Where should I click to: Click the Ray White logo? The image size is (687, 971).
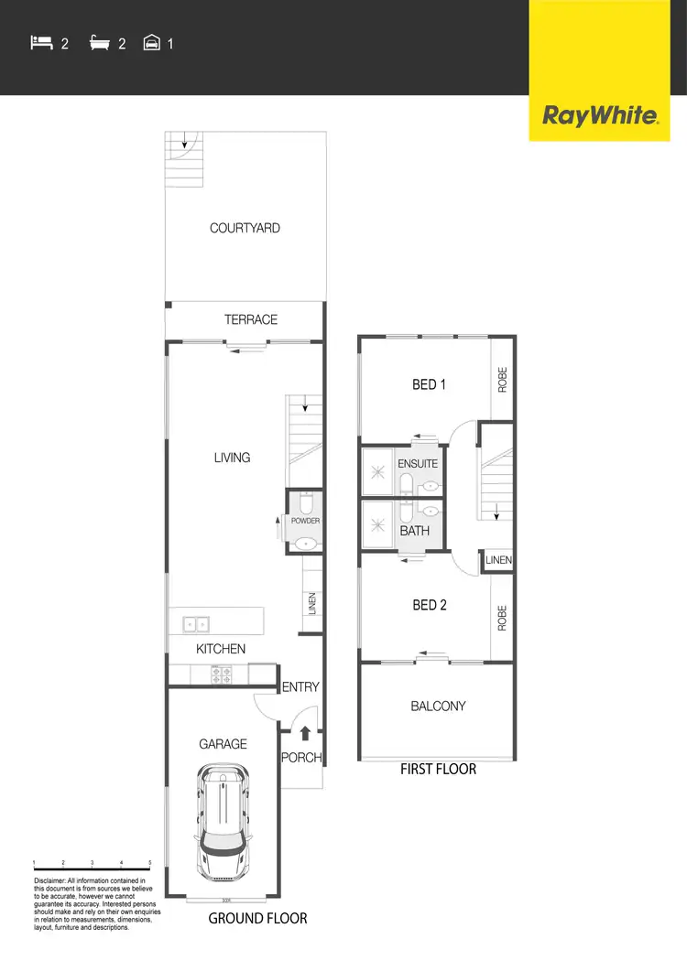coord(601,115)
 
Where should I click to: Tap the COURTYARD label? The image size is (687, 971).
coord(245,228)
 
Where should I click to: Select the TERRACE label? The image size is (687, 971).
coord(250,319)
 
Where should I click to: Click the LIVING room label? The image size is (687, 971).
coord(232,457)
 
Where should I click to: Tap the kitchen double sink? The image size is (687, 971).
coord(194,625)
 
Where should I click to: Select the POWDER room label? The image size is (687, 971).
coord(305,521)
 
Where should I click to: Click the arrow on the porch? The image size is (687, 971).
coord(306,732)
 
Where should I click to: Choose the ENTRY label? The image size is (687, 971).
coord(300,686)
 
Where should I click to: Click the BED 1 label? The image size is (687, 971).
coord(429,384)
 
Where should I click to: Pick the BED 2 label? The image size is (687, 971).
coord(429,605)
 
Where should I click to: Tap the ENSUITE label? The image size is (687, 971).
coord(418,464)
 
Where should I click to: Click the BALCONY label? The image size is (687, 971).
coord(438,707)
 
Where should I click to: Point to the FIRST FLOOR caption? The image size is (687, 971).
coord(438,769)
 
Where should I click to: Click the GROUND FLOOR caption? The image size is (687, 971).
coord(257,918)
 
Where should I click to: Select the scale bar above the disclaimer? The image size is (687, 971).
coord(92,863)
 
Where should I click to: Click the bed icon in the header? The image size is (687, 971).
coord(39,42)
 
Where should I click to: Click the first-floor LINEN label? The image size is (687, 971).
coord(498,560)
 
